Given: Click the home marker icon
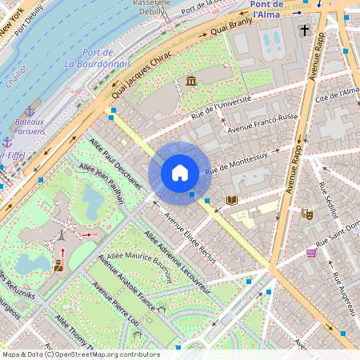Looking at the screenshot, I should click(180, 173).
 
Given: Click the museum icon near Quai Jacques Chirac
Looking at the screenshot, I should click(191, 81).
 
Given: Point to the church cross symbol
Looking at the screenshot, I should click(304, 31).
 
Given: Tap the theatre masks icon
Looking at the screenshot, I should click(307, 214).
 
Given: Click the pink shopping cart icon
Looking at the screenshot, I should click(311, 252).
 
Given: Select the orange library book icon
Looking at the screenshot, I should click(232, 200).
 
